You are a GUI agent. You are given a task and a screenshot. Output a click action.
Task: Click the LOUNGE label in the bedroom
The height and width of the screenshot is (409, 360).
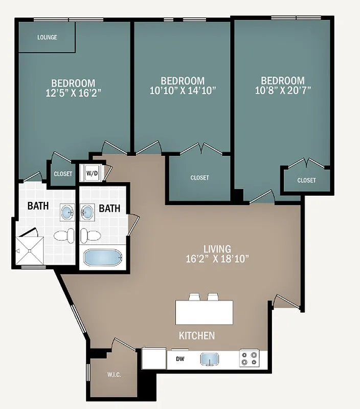[47, 37]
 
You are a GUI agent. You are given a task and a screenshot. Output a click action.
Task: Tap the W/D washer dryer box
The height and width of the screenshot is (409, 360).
[92, 173]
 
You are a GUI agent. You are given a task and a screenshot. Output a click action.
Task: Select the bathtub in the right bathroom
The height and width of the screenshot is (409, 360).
[103, 257]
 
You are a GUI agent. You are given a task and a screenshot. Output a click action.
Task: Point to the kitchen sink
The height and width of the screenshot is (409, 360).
[210, 359]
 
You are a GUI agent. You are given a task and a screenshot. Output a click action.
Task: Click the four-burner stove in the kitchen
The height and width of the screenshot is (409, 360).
[250, 359]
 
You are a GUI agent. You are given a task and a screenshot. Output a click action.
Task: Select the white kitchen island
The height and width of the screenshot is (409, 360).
[204, 312]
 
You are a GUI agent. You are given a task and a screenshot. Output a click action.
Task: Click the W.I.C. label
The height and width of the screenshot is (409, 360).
[114, 375]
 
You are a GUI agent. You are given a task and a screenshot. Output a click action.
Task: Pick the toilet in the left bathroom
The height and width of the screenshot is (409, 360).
[63, 236]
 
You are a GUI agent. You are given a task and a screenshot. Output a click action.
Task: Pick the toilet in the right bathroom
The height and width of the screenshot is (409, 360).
[91, 236]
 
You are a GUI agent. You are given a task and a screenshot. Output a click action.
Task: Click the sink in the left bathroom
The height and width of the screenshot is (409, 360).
[67, 212]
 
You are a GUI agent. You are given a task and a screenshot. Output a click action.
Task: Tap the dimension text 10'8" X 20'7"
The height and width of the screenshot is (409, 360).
[282, 90]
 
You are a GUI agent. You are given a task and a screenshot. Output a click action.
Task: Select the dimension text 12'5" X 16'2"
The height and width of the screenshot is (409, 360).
[73, 93]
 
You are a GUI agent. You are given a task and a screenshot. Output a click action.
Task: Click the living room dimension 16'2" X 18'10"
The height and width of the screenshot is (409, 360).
[217, 259]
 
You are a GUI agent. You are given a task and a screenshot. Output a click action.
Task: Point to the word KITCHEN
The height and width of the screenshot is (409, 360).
[196, 336]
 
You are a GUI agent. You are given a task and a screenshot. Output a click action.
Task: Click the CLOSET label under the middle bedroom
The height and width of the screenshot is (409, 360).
[199, 177]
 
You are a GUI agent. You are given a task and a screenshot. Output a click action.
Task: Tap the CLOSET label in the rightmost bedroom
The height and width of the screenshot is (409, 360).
[306, 180]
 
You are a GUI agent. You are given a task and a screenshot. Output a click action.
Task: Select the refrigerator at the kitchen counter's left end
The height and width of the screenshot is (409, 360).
[154, 358]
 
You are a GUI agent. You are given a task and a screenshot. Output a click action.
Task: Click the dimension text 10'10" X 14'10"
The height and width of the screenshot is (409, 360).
[183, 90]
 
